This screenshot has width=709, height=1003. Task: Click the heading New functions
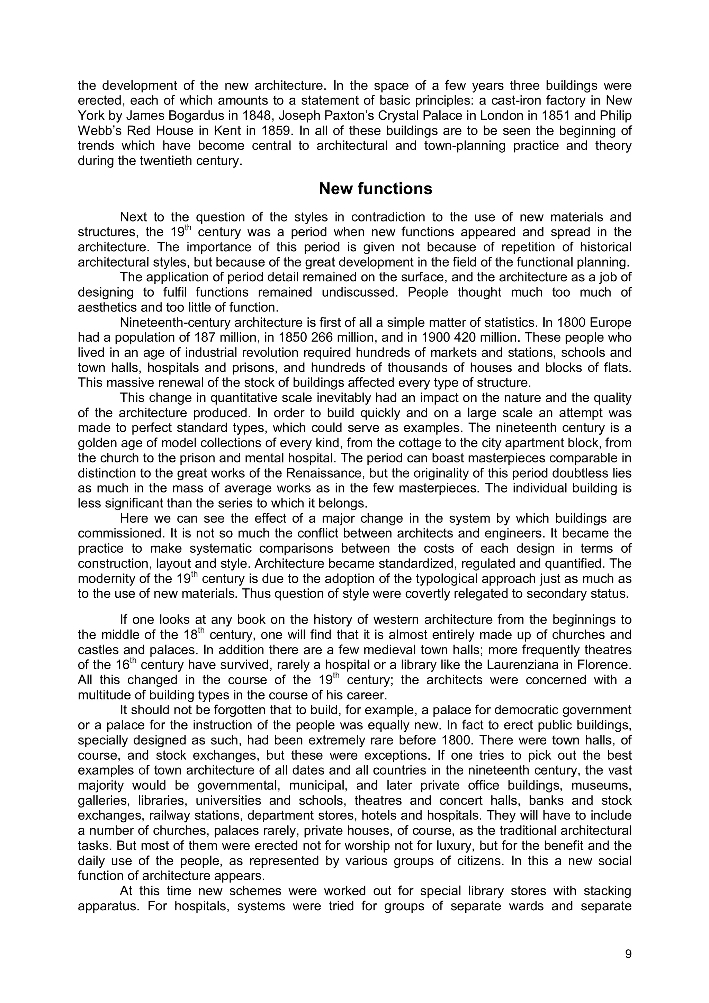pos(375,189)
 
